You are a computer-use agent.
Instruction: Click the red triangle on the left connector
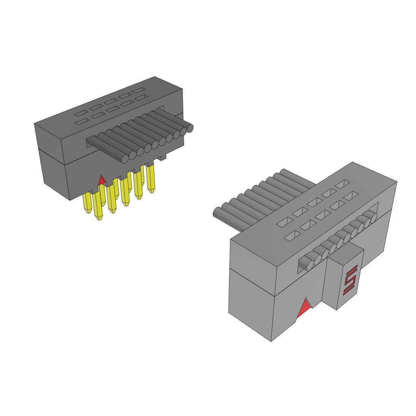(102, 180)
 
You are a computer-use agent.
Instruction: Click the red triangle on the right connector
(304, 308)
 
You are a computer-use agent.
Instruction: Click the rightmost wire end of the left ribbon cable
(189, 129)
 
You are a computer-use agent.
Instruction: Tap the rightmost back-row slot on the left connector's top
(139, 90)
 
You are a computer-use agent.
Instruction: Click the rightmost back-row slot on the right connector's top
(342, 184)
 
